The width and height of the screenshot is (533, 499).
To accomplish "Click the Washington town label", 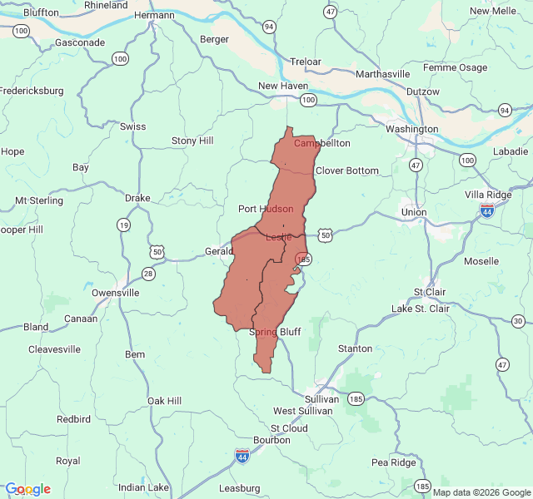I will coord(411,129).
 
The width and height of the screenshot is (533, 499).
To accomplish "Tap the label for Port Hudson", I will coord(266,209).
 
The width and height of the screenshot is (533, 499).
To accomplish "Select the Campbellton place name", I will coord(322,143).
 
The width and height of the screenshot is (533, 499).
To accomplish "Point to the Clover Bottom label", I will coord(346,170).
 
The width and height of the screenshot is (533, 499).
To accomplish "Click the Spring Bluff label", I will coord(275,332).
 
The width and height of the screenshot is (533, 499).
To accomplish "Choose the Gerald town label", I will coord(219,251).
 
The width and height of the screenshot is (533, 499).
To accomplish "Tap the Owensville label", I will coord(115,293).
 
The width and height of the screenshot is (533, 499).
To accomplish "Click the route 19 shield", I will coord(123,225).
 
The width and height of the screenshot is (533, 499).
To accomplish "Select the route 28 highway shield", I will coord(148,274).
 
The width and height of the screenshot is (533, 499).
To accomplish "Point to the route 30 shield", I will coord(518,321).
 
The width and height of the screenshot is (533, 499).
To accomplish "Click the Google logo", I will coord(27,489).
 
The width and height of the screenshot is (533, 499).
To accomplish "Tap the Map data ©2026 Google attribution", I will coord(481,492).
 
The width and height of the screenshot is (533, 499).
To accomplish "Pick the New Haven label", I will coord(283,86).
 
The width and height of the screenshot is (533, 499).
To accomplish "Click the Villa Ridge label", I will coord(488,194).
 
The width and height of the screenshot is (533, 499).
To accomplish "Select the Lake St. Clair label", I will coord(421,309).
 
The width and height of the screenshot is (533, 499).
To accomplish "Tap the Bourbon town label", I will coord(271,439).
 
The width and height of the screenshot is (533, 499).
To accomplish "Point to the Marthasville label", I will coord(382,73).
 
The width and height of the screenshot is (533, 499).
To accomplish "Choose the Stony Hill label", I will coord(192,141).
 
